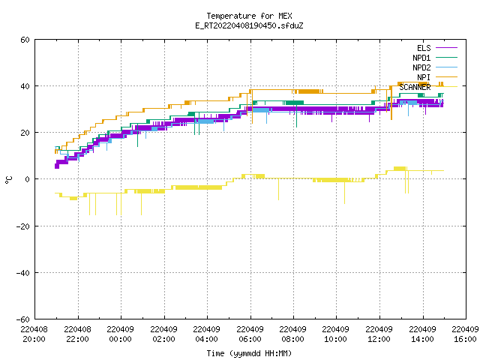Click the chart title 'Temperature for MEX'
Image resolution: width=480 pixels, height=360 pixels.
tap(249, 16)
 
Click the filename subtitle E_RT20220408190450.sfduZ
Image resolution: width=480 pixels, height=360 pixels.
tap(249, 25)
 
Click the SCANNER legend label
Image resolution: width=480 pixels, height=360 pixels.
tap(415, 87)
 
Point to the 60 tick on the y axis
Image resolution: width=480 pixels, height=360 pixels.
tap(25, 40)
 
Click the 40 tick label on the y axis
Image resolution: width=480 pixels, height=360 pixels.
tap(25, 86)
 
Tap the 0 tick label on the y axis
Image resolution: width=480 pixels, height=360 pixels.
tap(27, 179)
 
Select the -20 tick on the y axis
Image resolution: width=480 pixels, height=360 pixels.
tap(23, 226)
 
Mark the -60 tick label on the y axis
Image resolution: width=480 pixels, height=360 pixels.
tap(23, 319)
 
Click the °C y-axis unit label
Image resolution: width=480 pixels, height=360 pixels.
tap(8, 180)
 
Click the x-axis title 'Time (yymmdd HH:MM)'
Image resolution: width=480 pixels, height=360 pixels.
tap(249, 353)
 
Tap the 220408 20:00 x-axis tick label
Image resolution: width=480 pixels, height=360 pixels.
tap(34, 334)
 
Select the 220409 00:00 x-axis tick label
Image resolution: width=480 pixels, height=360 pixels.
tap(121, 334)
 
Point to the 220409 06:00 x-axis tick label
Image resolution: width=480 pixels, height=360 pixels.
tap(250, 334)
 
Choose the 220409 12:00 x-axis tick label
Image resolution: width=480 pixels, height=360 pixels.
tap(379, 334)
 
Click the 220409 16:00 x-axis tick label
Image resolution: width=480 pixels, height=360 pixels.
tap(465, 334)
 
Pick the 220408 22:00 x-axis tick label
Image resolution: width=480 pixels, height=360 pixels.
tap(77, 334)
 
